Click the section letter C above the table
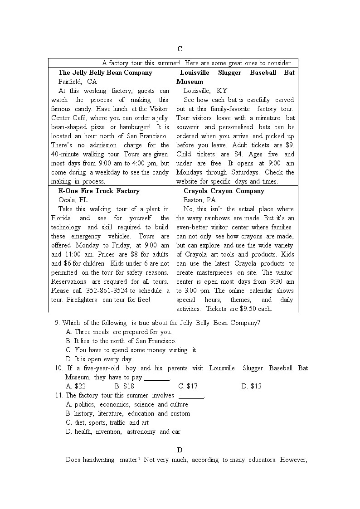coord(180,49)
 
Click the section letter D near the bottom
coord(180,450)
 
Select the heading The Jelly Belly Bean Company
coord(105,73)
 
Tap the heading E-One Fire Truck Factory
coord(99,191)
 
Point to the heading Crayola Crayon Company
coord(224,191)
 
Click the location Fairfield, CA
coord(78,82)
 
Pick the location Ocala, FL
coord(73,200)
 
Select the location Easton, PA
coord(199,200)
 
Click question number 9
coord(57,323)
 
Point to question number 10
coord(58,368)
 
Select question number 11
coord(58,395)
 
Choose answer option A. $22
coord(76,386)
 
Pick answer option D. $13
coord(252,386)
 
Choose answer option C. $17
coord(188,386)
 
